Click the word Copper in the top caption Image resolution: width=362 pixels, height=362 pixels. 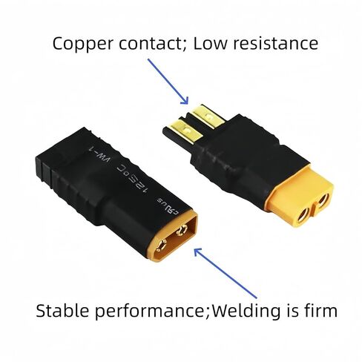tap(83, 44)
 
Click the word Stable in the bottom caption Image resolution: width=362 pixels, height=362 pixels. tap(62, 310)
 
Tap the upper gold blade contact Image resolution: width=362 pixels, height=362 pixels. tap(208, 116)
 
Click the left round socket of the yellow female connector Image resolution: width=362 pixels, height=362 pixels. tap(303, 215)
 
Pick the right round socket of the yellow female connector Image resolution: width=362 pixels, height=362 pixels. tap(323, 200)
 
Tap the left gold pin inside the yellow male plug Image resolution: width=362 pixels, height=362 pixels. tap(162, 246)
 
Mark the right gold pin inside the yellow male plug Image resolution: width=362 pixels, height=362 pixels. tap(182, 231)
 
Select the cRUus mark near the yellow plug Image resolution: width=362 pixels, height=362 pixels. tap(167, 205)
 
